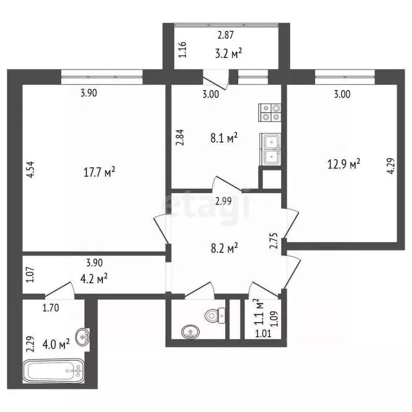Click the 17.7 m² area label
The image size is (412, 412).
tap(100, 173)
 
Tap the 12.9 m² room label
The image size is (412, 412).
tap(343, 164)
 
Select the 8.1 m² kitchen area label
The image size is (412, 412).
tap(224, 138)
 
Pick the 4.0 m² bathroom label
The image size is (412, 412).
tap(57, 344)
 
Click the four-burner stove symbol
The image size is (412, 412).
tap(269, 111)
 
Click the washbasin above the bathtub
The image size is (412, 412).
tap(82, 337)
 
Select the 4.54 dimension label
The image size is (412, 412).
tap(30, 175)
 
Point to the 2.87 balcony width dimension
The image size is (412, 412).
tap(225, 37)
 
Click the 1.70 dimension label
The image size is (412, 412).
tap(51, 308)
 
